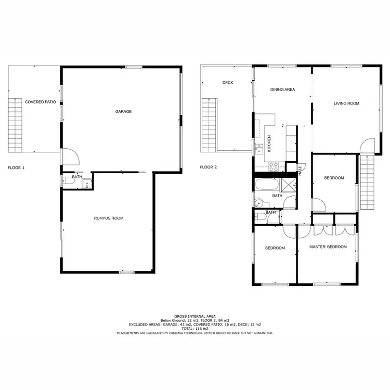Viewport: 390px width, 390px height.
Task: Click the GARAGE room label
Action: [x=123, y=112]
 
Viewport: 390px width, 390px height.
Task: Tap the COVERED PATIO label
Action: [x=41, y=102]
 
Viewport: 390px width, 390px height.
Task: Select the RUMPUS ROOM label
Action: [x=109, y=218]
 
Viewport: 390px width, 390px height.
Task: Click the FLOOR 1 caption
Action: [x=16, y=168]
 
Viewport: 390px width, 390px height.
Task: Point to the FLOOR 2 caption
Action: [x=209, y=167]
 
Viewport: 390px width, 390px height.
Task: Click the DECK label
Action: [x=227, y=83]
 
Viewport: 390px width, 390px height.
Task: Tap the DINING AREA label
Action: [x=282, y=89]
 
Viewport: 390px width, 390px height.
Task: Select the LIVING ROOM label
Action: [x=346, y=103]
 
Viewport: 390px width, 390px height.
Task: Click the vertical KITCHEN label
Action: [x=269, y=144]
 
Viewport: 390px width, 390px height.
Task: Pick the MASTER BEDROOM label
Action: [x=328, y=247]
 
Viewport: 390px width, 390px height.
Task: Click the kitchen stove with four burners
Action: [x=274, y=166]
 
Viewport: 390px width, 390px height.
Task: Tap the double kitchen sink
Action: [x=258, y=149]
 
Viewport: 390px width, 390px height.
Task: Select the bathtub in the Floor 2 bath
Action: [x=267, y=185]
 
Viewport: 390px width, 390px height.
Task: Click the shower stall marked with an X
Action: [x=288, y=185]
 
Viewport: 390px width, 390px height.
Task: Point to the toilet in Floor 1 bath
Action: [x=64, y=181]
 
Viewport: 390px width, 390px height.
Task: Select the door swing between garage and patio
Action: [x=69, y=156]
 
